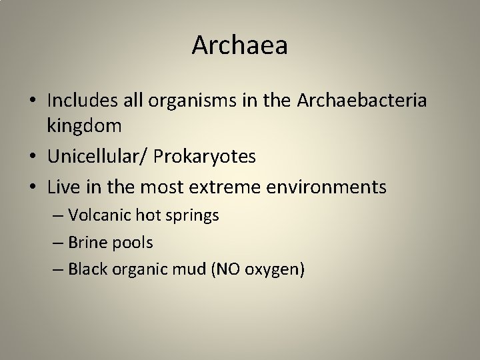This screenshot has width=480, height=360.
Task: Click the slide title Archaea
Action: click(x=240, y=45)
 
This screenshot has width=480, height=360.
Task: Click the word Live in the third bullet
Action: click(x=63, y=187)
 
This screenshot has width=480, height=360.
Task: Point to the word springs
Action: click(x=196, y=216)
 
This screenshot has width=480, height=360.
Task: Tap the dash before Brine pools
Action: click(x=58, y=243)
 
